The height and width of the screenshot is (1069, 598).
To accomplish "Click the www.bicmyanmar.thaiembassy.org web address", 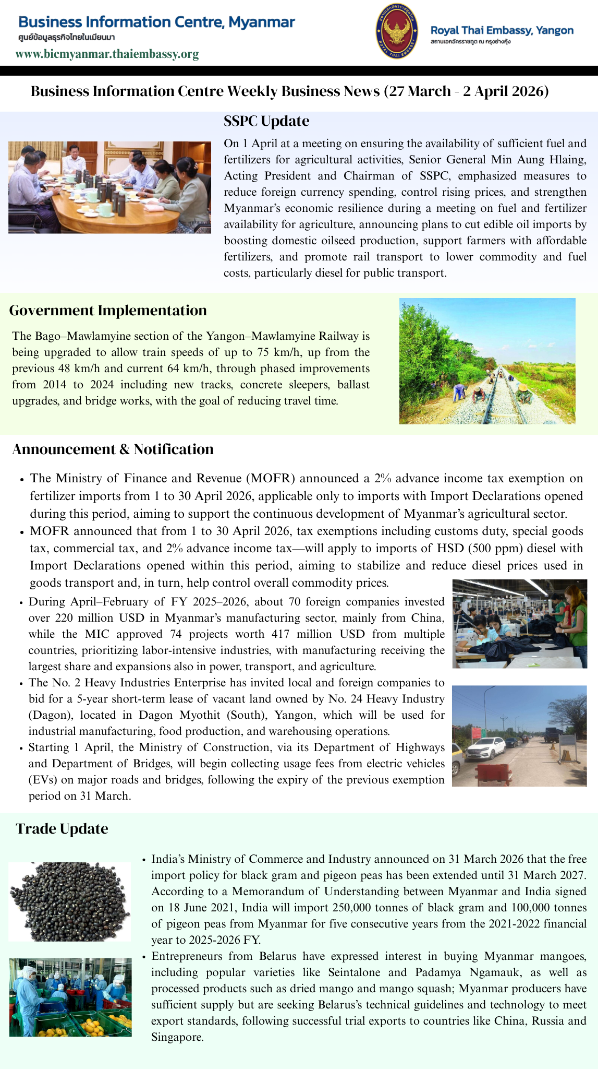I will click(107, 54).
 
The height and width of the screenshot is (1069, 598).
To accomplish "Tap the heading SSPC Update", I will click(266, 121).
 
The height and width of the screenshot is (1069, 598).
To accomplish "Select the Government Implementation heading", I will click(108, 310).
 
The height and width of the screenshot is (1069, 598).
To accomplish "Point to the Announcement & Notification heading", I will click(113, 449).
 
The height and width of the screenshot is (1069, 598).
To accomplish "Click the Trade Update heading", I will click(62, 828).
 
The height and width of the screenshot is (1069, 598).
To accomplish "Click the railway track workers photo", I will click(487, 361).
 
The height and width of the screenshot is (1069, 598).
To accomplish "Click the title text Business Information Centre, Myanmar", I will click(156, 22).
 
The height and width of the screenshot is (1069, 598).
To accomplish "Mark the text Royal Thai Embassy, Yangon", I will click(502, 30).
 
